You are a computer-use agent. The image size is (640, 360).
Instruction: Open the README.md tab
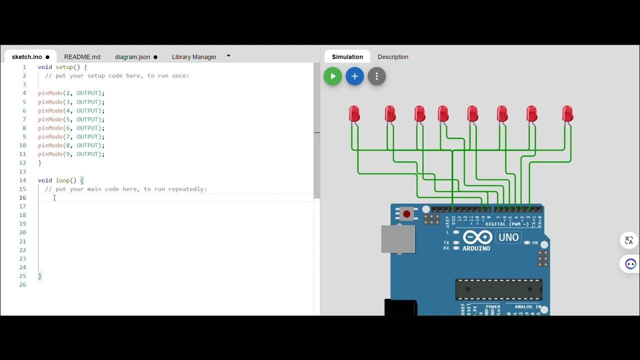[x=82, y=56]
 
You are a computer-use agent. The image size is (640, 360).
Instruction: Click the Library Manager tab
[x=194, y=56]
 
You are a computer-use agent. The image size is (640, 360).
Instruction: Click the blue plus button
[x=354, y=76]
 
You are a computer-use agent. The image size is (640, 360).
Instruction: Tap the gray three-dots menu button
[x=376, y=76]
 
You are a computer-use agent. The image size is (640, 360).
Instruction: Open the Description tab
[x=392, y=56]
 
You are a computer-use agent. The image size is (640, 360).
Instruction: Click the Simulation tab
[x=347, y=56]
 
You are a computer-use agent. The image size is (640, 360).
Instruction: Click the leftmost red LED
[x=354, y=114]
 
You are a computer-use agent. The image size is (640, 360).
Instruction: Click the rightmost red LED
[x=567, y=114]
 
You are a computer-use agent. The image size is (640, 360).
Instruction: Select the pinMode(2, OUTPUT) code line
[x=71, y=93]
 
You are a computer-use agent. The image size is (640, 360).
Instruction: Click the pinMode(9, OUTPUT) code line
[x=71, y=154]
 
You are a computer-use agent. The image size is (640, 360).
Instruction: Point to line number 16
[x=23, y=197]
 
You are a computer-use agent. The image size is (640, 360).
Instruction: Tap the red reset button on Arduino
[x=406, y=214]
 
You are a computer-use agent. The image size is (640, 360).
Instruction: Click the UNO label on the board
[x=508, y=237]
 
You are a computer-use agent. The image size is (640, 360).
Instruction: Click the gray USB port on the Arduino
[x=398, y=239]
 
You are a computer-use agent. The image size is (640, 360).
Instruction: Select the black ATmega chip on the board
[x=498, y=289]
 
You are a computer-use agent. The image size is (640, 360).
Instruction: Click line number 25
[x=23, y=276]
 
